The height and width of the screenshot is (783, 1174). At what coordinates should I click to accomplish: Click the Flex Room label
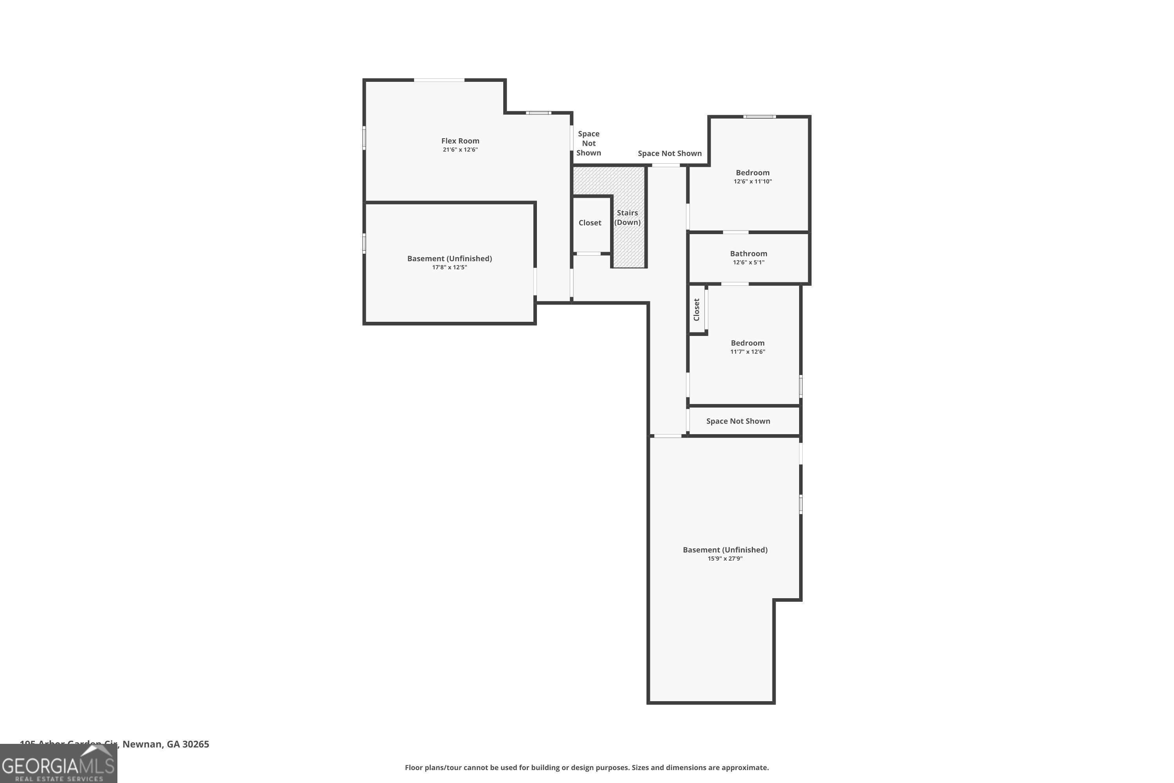[x=460, y=141]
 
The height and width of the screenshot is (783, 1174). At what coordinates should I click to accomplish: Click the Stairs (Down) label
[x=627, y=218]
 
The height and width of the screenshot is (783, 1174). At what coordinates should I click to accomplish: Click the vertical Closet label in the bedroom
[x=696, y=310]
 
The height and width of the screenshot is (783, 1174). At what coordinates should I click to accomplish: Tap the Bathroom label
[x=748, y=254]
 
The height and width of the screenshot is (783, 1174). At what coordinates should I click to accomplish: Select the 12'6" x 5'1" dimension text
[x=748, y=263]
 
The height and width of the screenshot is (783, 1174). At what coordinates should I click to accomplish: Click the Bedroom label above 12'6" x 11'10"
[x=752, y=173]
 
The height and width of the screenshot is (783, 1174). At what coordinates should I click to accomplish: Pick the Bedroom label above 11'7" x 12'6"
[x=747, y=343]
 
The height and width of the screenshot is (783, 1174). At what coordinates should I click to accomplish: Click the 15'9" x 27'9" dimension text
[x=725, y=559]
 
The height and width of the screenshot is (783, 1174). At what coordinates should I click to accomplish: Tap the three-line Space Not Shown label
[x=589, y=143]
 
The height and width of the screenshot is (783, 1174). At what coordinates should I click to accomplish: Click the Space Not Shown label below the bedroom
[x=738, y=421]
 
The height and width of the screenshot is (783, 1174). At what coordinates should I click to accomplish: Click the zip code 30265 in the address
[x=196, y=744]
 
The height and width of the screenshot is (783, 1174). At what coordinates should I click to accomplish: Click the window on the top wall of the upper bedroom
[x=759, y=117]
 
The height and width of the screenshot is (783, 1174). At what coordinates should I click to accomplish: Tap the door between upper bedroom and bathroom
[x=735, y=232]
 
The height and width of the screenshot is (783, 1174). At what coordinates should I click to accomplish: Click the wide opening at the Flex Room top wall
[x=439, y=80]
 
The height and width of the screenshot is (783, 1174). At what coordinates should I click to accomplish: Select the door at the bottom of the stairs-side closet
[x=589, y=254]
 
